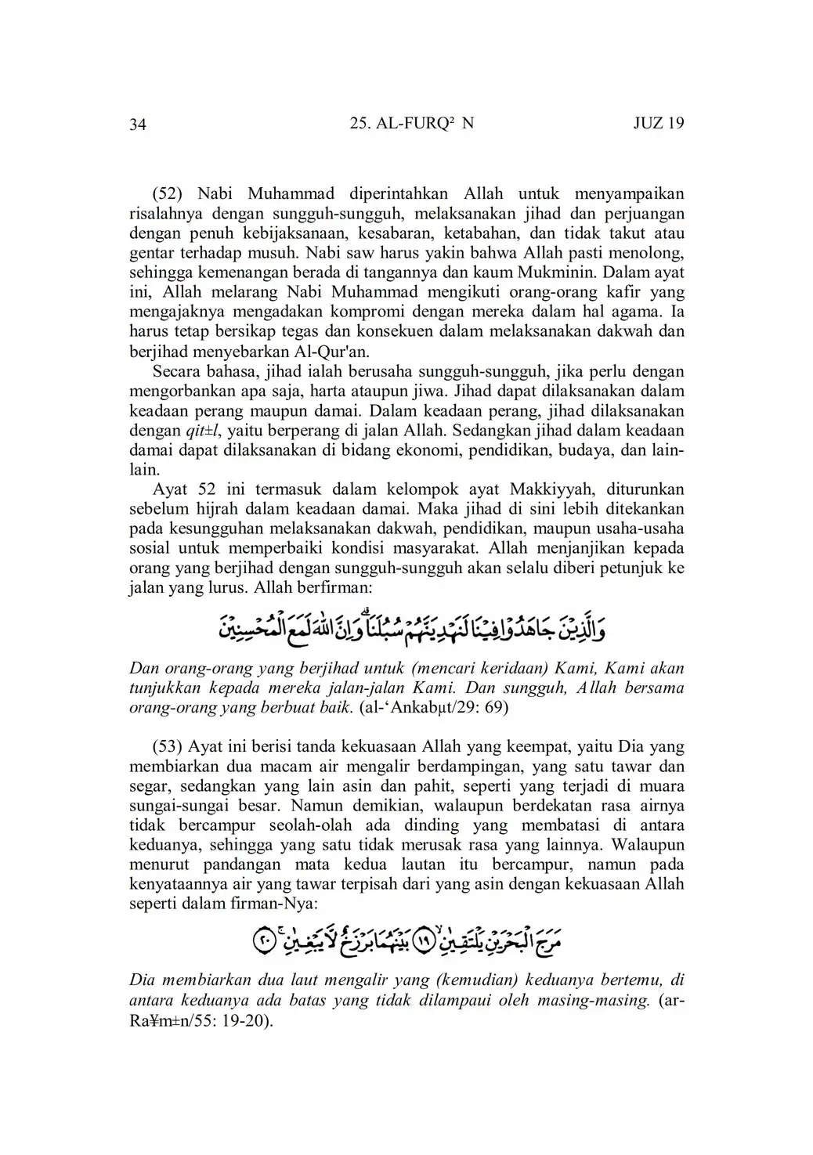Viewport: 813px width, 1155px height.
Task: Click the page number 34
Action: click(x=138, y=125)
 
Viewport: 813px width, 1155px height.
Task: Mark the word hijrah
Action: click(x=218, y=509)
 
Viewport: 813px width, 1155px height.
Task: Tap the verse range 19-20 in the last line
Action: click(x=243, y=1021)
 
